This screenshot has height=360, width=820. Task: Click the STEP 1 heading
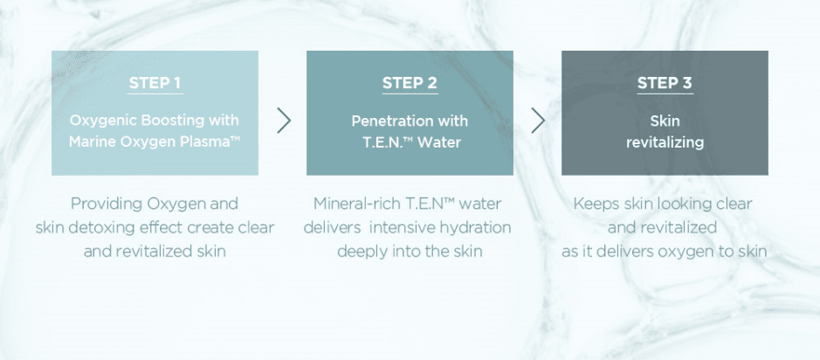click(155, 83)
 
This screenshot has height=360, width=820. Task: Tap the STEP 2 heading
click(410, 83)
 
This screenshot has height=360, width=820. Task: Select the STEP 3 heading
click(665, 83)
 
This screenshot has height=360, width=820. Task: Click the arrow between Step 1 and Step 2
click(284, 121)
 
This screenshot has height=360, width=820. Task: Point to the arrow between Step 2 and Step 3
click(538, 121)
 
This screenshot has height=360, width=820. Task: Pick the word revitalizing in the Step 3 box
click(665, 142)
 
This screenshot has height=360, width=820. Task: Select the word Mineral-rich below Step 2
click(356, 204)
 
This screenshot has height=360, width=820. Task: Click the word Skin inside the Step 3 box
click(665, 121)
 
